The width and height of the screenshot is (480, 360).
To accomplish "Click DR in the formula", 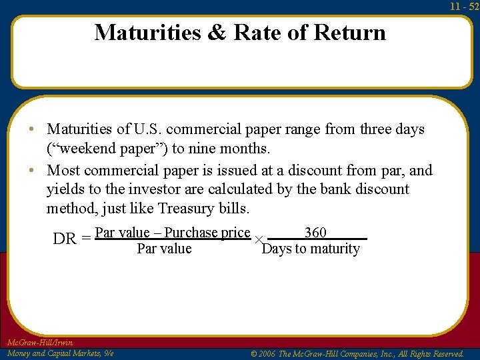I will (65, 239).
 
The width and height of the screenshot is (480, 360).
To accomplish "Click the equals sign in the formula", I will (86, 239).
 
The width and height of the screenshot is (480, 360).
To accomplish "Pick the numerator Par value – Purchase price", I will (173, 233).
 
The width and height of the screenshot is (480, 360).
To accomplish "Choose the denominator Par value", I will (164, 249).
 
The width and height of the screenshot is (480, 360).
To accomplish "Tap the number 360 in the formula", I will (315, 232).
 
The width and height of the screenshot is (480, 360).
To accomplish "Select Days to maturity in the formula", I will (311, 249).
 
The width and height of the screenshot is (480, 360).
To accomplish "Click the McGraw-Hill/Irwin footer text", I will (40, 343).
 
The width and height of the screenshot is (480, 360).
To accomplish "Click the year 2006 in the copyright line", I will (267, 354).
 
